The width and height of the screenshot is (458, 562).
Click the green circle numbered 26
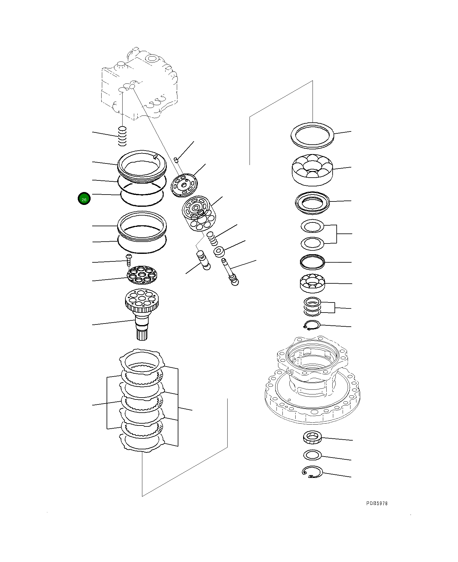tap(84, 199)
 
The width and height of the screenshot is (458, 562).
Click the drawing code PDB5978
tap(377, 503)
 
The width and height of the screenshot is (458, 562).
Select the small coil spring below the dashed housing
tap(122, 136)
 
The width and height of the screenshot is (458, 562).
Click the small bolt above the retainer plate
tap(128, 259)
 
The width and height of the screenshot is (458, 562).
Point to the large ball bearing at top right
tap(312, 169)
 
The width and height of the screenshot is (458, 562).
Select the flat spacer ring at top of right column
tap(312, 135)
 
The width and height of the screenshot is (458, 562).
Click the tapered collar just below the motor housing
tap(312, 437)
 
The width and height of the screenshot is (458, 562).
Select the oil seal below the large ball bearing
tap(313, 202)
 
